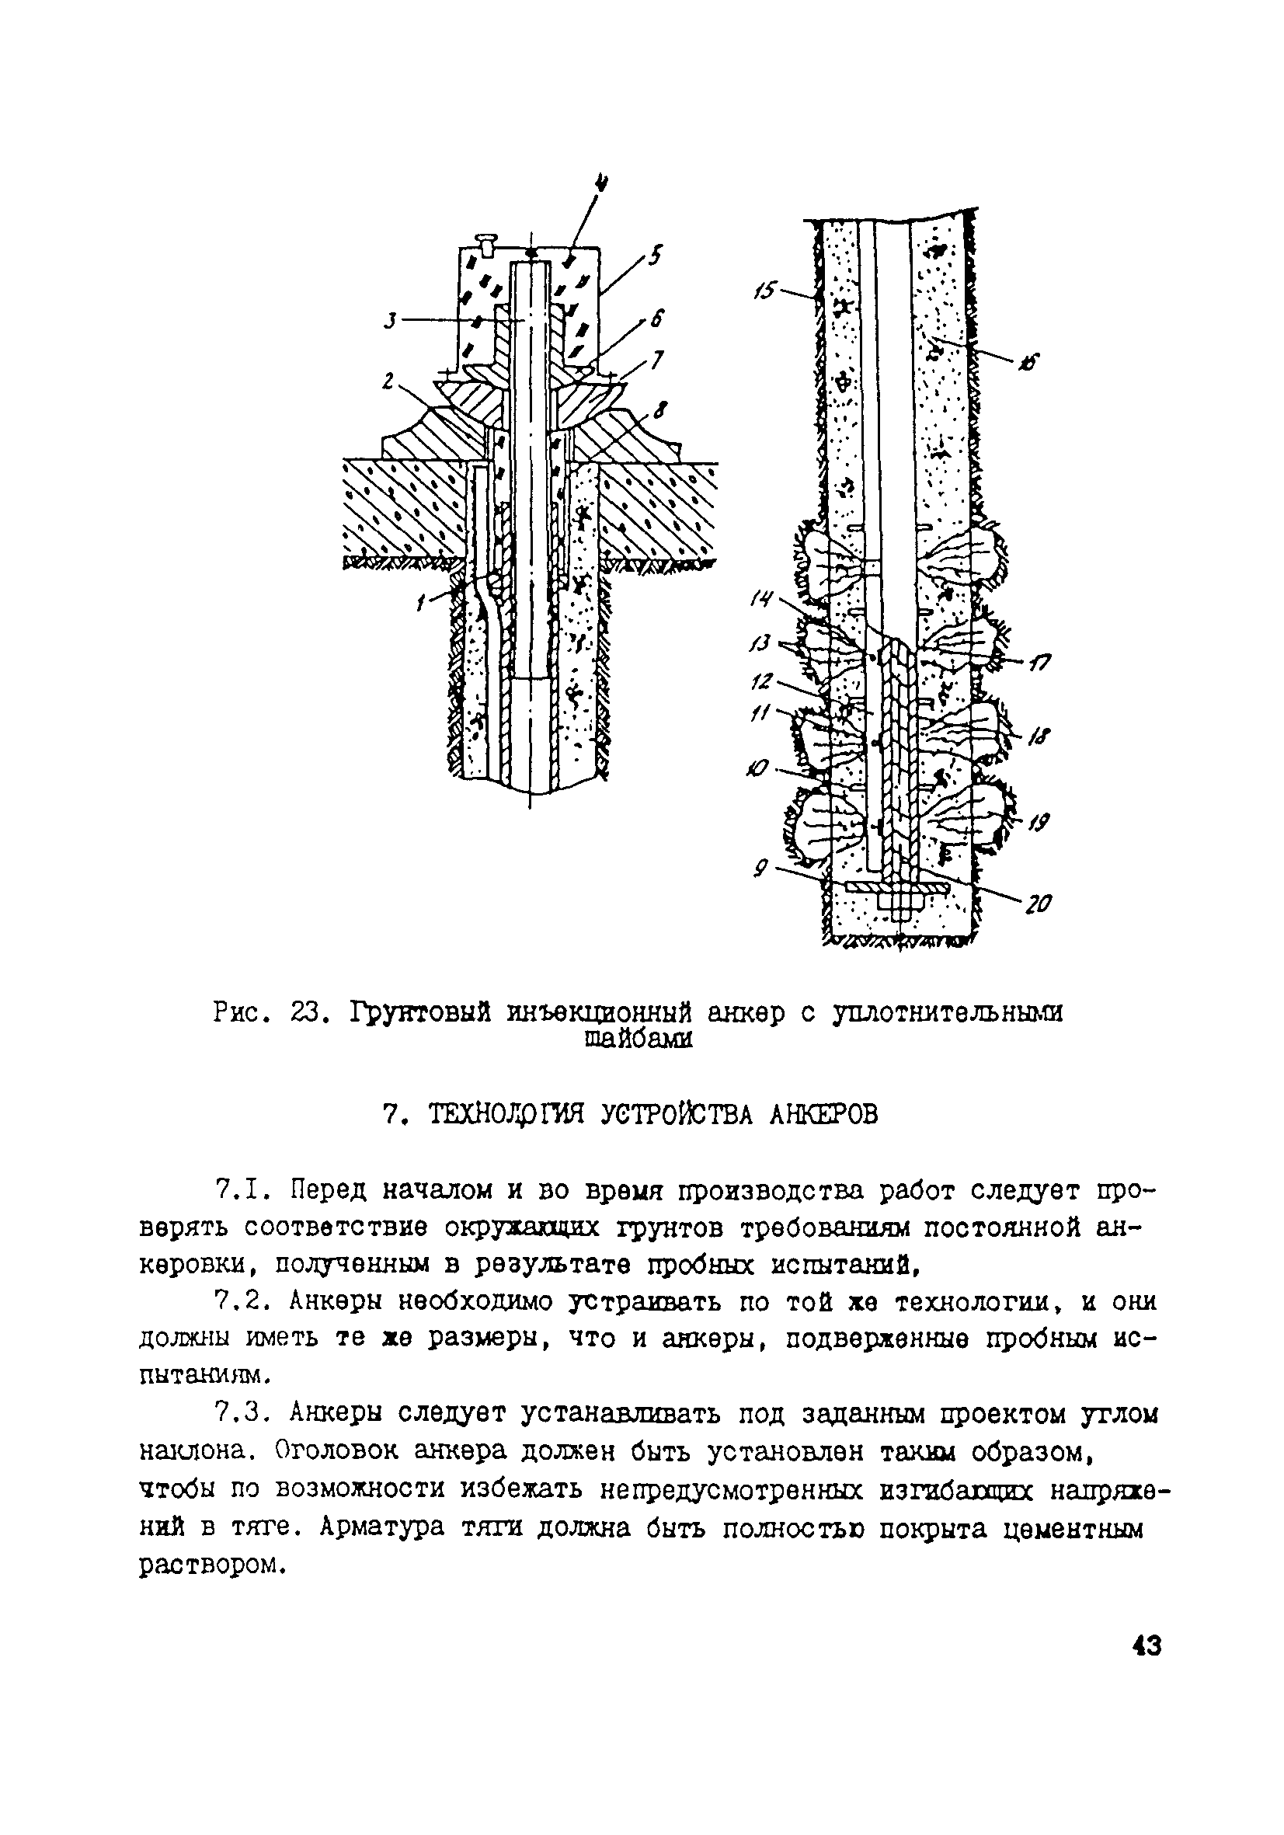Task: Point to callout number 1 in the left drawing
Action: [x=420, y=605]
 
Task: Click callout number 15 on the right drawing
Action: [x=764, y=289]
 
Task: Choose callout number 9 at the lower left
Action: [x=760, y=865]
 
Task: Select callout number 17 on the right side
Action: [x=1040, y=662]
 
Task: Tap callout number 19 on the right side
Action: [x=1039, y=823]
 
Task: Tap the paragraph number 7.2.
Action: [x=239, y=1302]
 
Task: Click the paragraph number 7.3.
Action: [x=239, y=1415]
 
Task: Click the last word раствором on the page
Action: [x=212, y=1565]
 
